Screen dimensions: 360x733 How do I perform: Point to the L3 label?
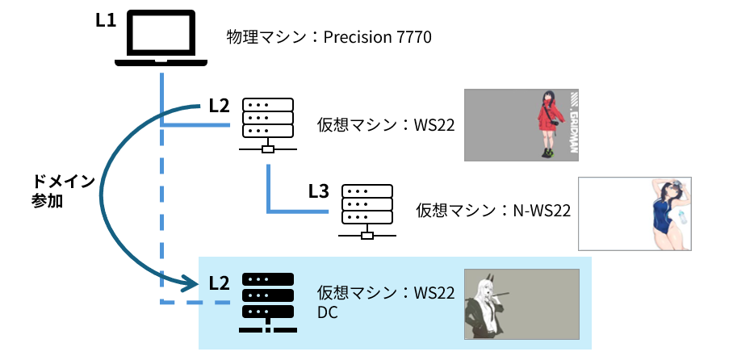pyautogui.click(x=319, y=191)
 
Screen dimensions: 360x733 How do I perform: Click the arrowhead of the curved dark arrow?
pyautogui.click(x=190, y=283)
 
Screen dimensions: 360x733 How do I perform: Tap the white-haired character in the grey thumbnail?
pyautogui.click(x=490, y=302)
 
